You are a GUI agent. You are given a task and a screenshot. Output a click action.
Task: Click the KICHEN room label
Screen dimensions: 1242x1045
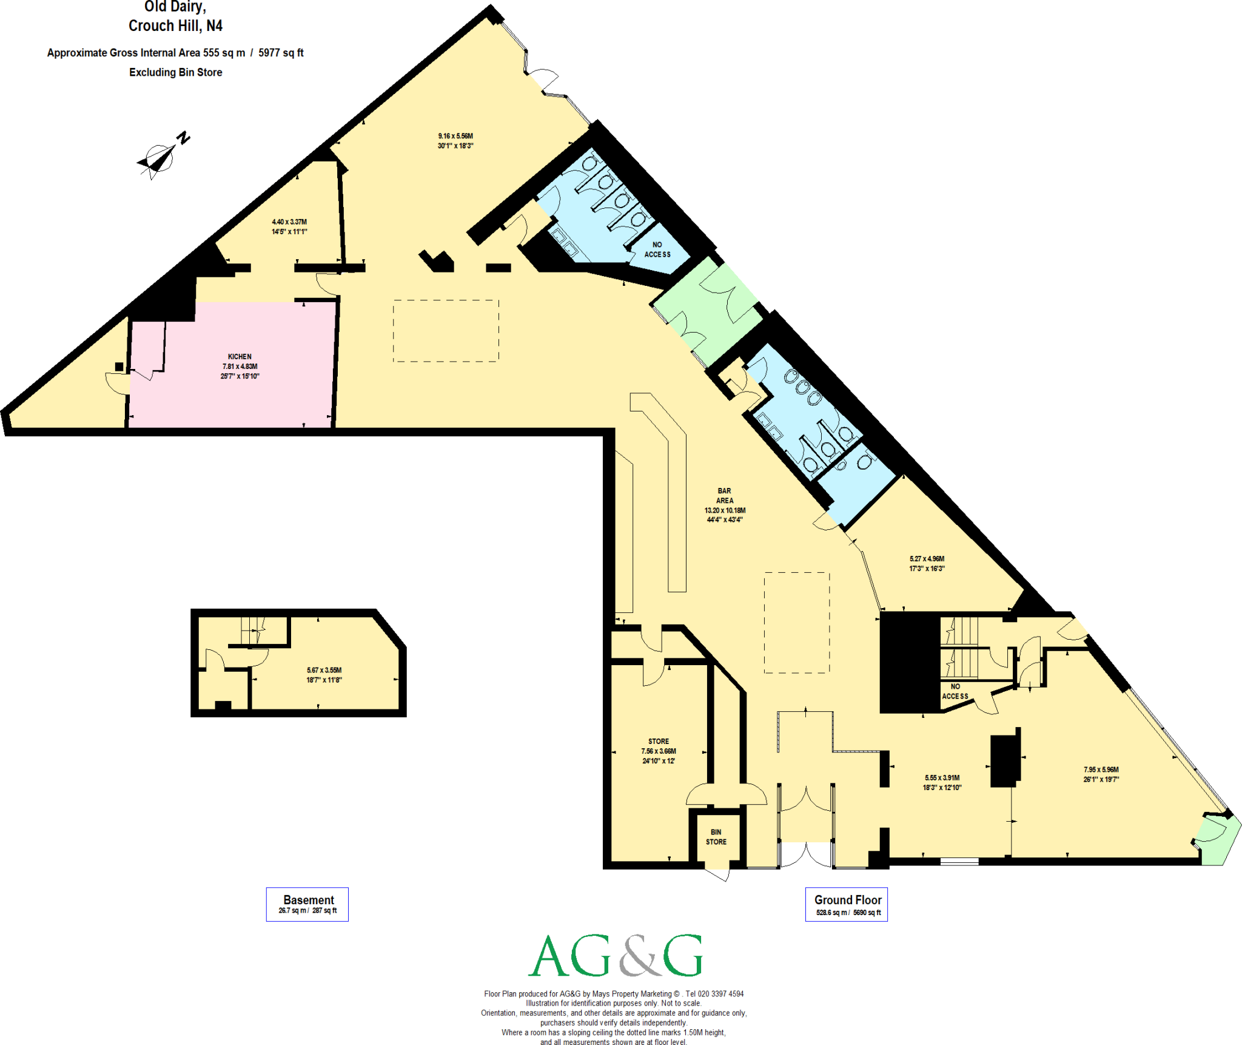pyautogui.click(x=240, y=357)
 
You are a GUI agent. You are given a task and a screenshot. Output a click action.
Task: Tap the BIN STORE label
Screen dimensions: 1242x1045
pyautogui.click(x=716, y=837)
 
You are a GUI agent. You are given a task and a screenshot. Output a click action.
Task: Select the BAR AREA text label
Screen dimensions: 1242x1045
pyautogui.click(x=725, y=496)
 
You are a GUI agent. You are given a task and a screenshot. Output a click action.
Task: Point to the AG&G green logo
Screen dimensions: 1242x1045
pyautogui.click(x=615, y=956)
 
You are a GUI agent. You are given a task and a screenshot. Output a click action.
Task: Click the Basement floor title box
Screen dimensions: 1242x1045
pyautogui.click(x=307, y=904)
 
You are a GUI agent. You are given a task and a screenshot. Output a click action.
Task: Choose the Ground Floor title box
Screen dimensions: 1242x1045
pyautogui.click(x=847, y=904)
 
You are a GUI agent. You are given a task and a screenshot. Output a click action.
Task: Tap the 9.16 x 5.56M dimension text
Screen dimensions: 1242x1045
pyautogui.click(x=455, y=137)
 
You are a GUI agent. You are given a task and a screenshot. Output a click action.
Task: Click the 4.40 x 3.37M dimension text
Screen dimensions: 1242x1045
pyautogui.click(x=289, y=222)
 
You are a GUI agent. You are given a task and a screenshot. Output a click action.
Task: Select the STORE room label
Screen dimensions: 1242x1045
pyautogui.click(x=659, y=742)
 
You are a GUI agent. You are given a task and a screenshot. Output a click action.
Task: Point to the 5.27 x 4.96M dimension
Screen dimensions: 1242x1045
pyautogui.click(x=927, y=559)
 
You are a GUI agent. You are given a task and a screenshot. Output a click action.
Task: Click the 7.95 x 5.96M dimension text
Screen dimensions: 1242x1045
pyautogui.click(x=1101, y=769)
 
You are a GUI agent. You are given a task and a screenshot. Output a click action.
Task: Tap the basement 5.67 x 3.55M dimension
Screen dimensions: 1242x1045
pyautogui.click(x=324, y=671)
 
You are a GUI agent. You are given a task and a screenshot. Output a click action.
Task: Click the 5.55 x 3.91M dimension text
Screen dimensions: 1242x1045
pyautogui.click(x=942, y=778)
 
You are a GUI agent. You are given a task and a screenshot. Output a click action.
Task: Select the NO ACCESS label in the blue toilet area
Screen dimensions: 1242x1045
pyautogui.click(x=657, y=250)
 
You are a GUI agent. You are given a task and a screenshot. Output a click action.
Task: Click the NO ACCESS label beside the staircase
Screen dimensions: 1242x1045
pyautogui.click(x=955, y=692)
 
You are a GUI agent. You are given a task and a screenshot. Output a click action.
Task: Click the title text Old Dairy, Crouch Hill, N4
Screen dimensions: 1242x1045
pyautogui.click(x=175, y=17)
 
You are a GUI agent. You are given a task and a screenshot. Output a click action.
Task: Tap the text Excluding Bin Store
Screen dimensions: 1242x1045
pyautogui.click(x=175, y=72)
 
